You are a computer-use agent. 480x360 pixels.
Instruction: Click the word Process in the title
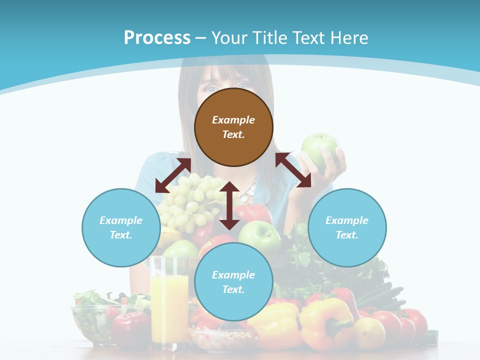(157, 38)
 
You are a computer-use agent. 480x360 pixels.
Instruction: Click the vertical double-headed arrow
(229, 205)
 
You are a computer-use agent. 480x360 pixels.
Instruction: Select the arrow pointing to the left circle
(173, 175)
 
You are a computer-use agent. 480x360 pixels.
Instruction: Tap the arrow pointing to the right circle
(293, 170)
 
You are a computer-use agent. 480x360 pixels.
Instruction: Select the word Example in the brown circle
(233, 120)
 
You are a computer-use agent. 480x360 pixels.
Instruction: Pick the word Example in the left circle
(121, 220)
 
